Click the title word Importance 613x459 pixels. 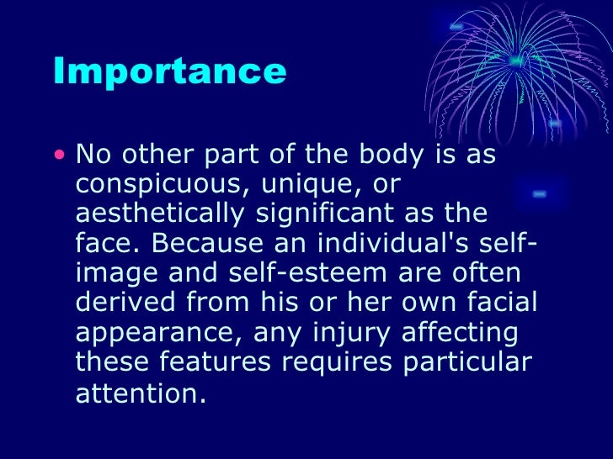coord(169,72)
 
